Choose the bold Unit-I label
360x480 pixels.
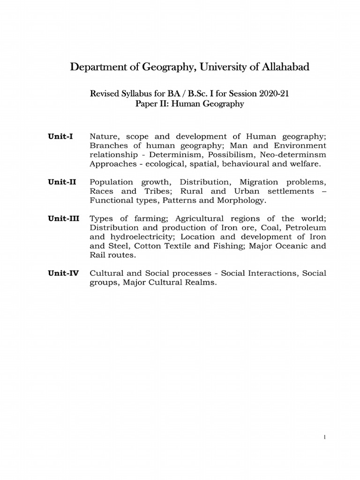[x=60, y=136]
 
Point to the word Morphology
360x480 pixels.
[x=242, y=200]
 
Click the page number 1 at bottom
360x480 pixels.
[x=324, y=438]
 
